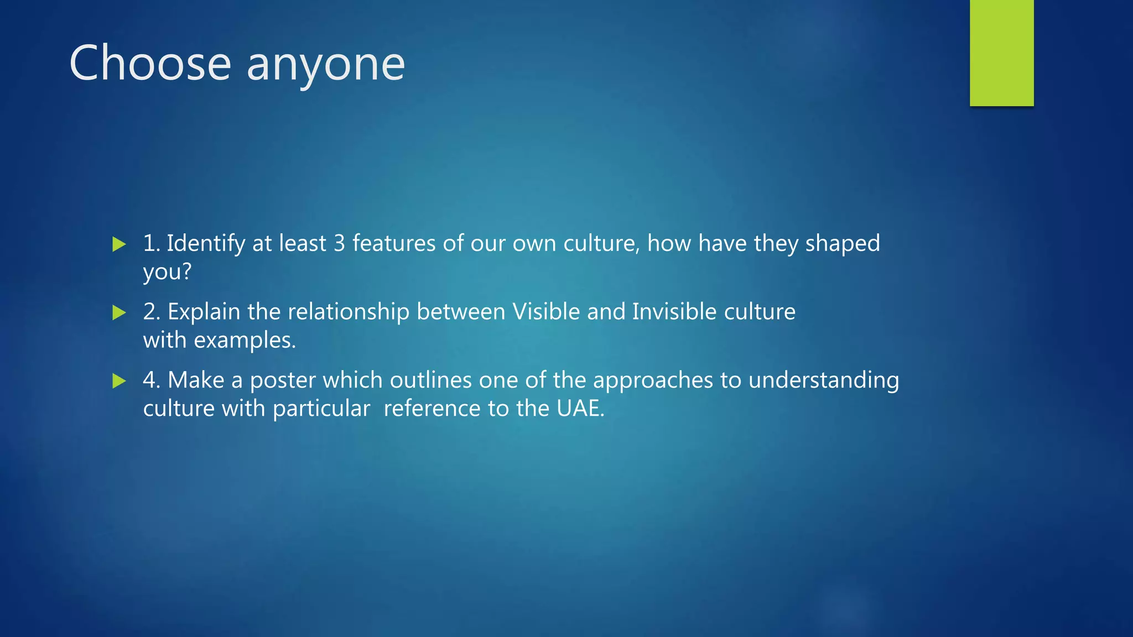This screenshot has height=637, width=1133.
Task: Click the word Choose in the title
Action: pyautogui.click(x=150, y=63)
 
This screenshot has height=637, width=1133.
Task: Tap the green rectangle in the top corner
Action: pyautogui.click(x=1001, y=53)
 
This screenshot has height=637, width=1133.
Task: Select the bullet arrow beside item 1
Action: pyautogui.click(x=119, y=244)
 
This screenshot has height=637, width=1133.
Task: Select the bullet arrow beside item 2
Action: pyautogui.click(x=119, y=312)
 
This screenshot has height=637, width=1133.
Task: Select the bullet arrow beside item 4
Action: pyautogui.click(x=119, y=380)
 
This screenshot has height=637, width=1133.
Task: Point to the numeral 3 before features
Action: pyautogui.click(x=339, y=244)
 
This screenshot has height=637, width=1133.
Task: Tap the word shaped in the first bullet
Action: pyautogui.click(x=842, y=244)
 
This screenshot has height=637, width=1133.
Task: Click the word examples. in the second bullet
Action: pyautogui.click(x=245, y=341)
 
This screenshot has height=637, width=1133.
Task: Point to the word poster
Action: pyautogui.click(x=283, y=380)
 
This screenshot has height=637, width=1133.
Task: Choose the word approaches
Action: pyautogui.click(x=653, y=381)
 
